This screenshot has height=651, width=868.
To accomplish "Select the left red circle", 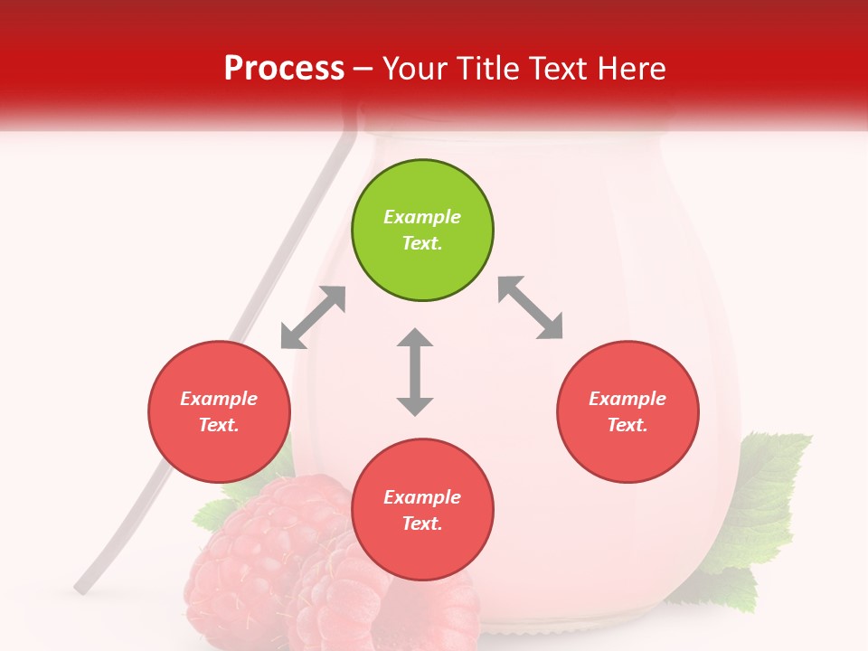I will (219, 411).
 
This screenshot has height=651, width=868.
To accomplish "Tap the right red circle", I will (627, 411).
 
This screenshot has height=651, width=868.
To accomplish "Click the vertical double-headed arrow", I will (415, 372).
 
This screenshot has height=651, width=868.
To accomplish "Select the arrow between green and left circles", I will (313, 317).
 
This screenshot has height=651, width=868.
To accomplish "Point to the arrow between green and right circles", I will (531, 307).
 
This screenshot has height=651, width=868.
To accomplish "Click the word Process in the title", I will (284, 68).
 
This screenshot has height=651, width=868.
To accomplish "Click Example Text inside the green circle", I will (422, 230).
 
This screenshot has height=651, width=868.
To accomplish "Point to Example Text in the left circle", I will (219, 411).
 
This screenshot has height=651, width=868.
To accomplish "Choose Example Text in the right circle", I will (627, 411).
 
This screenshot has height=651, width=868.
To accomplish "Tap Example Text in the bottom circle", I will (422, 510).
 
